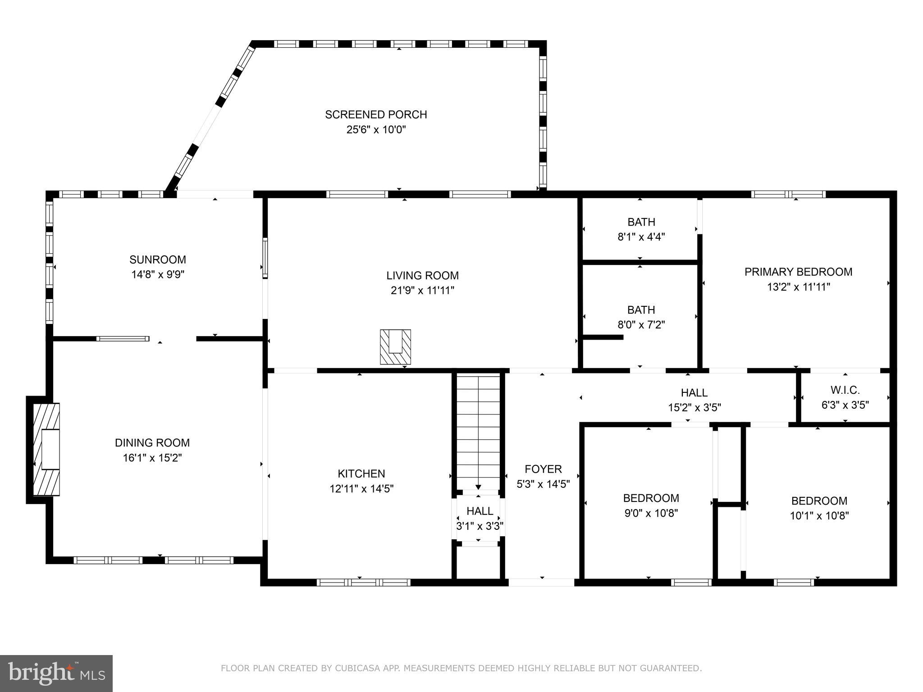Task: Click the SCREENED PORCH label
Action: pyautogui.click(x=376, y=114)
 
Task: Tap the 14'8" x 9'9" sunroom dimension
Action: pyautogui.click(x=158, y=274)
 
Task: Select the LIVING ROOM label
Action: pyautogui.click(x=422, y=275)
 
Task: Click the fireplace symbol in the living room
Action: pyautogui.click(x=395, y=347)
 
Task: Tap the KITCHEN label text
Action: pyautogui.click(x=361, y=473)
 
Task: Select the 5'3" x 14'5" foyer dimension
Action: pyautogui.click(x=543, y=484)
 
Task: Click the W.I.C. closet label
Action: pyautogui.click(x=845, y=390)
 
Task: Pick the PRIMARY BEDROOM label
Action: pyautogui.click(x=798, y=272)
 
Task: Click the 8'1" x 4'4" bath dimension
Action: pyautogui.click(x=641, y=237)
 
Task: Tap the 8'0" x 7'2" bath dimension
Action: pyautogui.click(x=641, y=325)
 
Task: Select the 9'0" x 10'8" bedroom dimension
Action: pyautogui.click(x=651, y=513)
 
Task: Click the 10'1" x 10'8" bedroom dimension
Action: pyautogui.click(x=819, y=516)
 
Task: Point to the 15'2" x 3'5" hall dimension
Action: pyautogui.click(x=694, y=408)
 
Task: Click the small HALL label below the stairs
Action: pyautogui.click(x=480, y=511)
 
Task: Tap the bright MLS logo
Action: pyautogui.click(x=56, y=673)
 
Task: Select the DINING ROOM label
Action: pyautogui.click(x=152, y=443)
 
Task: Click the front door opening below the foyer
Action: pyautogui.click(x=542, y=582)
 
